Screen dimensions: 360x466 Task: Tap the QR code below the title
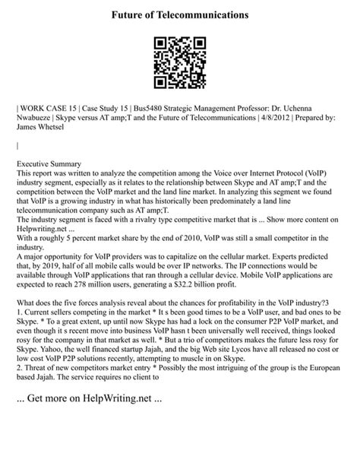(x=179, y=63)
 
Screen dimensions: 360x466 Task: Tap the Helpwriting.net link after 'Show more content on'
(x=41, y=228)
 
